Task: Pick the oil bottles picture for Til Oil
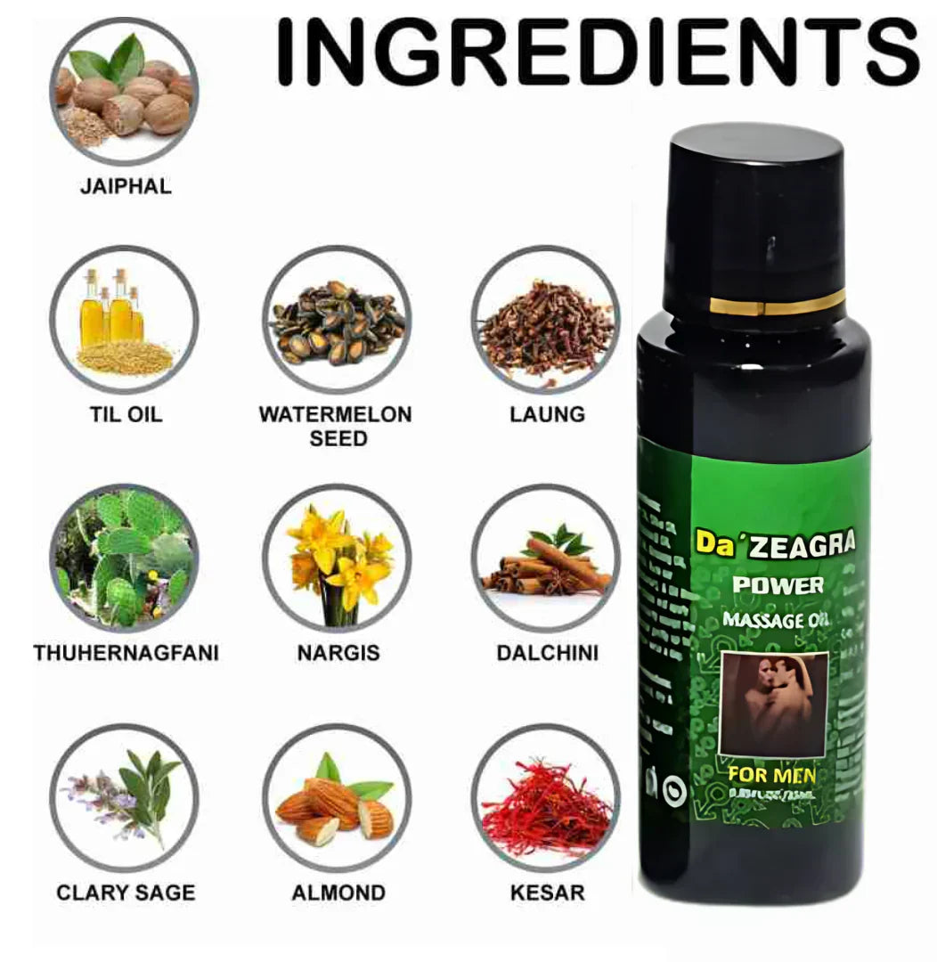(x=124, y=319)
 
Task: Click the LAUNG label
(x=547, y=414)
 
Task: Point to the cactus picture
(x=124, y=558)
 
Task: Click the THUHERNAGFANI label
(x=126, y=653)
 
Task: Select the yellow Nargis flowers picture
(x=337, y=558)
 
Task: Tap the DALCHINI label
(x=547, y=653)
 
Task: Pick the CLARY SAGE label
(x=126, y=892)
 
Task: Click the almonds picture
(x=337, y=797)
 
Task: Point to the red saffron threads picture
(x=546, y=797)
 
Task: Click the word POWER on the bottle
(x=778, y=585)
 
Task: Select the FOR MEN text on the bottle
(x=771, y=773)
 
